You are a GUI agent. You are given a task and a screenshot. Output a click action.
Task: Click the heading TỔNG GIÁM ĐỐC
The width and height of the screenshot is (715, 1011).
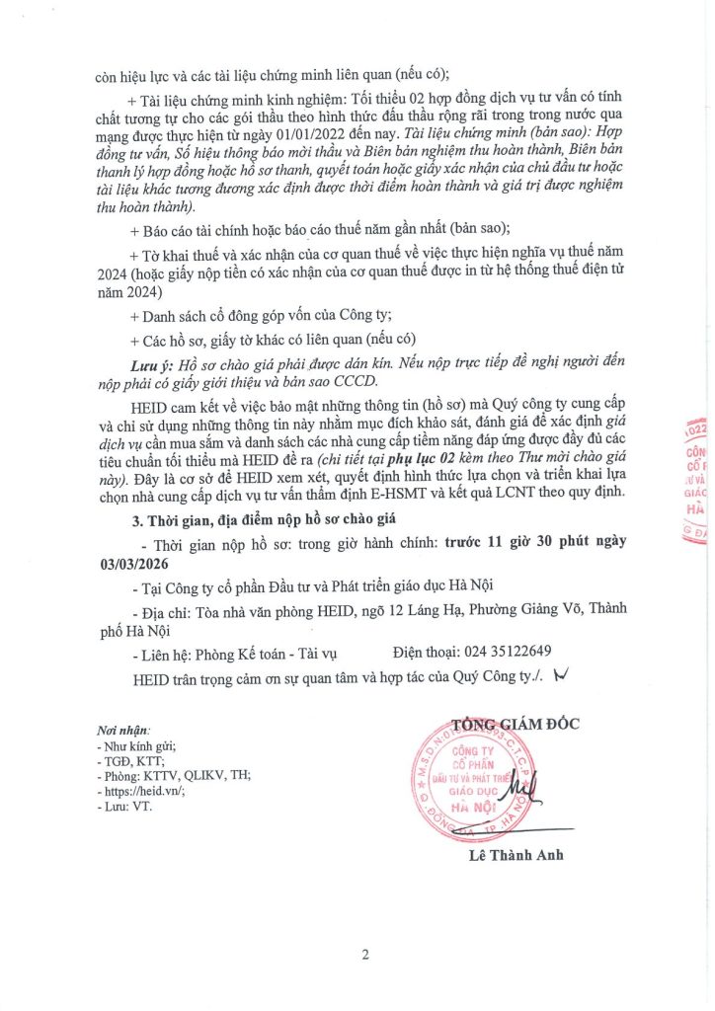[x=516, y=724]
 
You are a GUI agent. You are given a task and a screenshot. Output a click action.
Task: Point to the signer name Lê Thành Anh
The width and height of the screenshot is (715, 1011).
[x=517, y=855]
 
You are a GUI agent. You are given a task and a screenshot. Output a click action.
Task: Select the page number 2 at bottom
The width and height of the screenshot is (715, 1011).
[x=364, y=954]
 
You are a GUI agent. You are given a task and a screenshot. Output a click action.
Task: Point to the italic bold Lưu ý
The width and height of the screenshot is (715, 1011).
[x=152, y=365]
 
